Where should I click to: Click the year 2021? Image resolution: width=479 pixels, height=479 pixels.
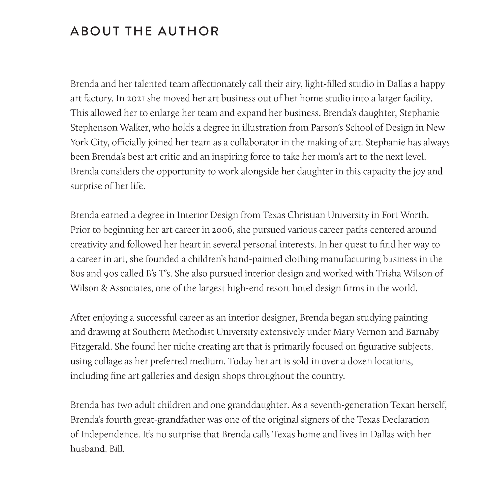[135, 98]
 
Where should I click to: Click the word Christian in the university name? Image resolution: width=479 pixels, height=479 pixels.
[306, 215]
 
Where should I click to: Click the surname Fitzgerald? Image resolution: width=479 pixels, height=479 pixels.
[91, 346]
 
